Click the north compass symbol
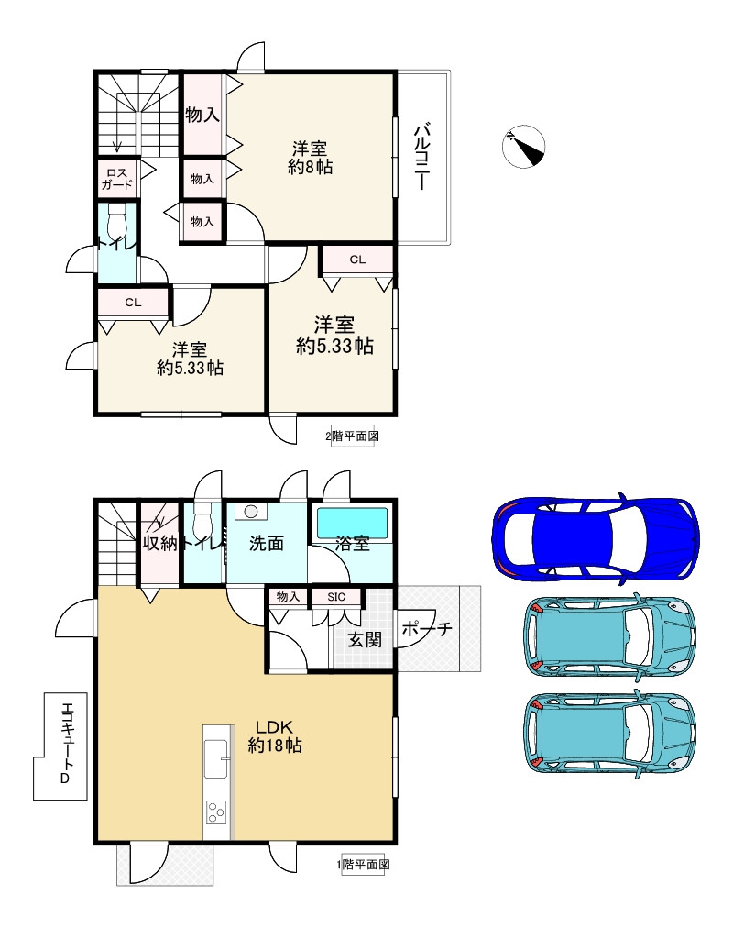pyautogui.click(x=523, y=146)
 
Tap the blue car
pyautogui.click(x=596, y=538)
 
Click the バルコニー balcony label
pyautogui.click(x=421, y=157)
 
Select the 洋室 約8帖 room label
pyautogui.click(x=310, y=158)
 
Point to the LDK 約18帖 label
pyautogui.click(x=275, y=735)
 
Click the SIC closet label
pyautogui.click(x=335, y=597)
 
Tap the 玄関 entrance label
pyautogui.click(x=364, y=639)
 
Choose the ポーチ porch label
pyautogui.click(x=427, y=628)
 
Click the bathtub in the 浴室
pyautogui.click(x=353, y=522)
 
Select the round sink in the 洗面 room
pyautogui.click(x=251, y=512)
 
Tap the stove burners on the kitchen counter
pyautogui.click(x=215, y=812)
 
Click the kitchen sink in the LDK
pyautogui.click(x=215, y=758)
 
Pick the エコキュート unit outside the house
pyautogui.click(x=60, y=746)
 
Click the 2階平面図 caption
pyautogui.click(x=353, y=436)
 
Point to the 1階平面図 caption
pyautogui.click(x=363, y=865)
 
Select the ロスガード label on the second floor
pyautogui.click(x=116, y=179)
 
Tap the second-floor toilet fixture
pyautogui.click(x=117, y=221)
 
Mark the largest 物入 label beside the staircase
pyautogui.click(x=202, y=115)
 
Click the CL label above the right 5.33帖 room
pyautogui.click(x=357, y=260)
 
